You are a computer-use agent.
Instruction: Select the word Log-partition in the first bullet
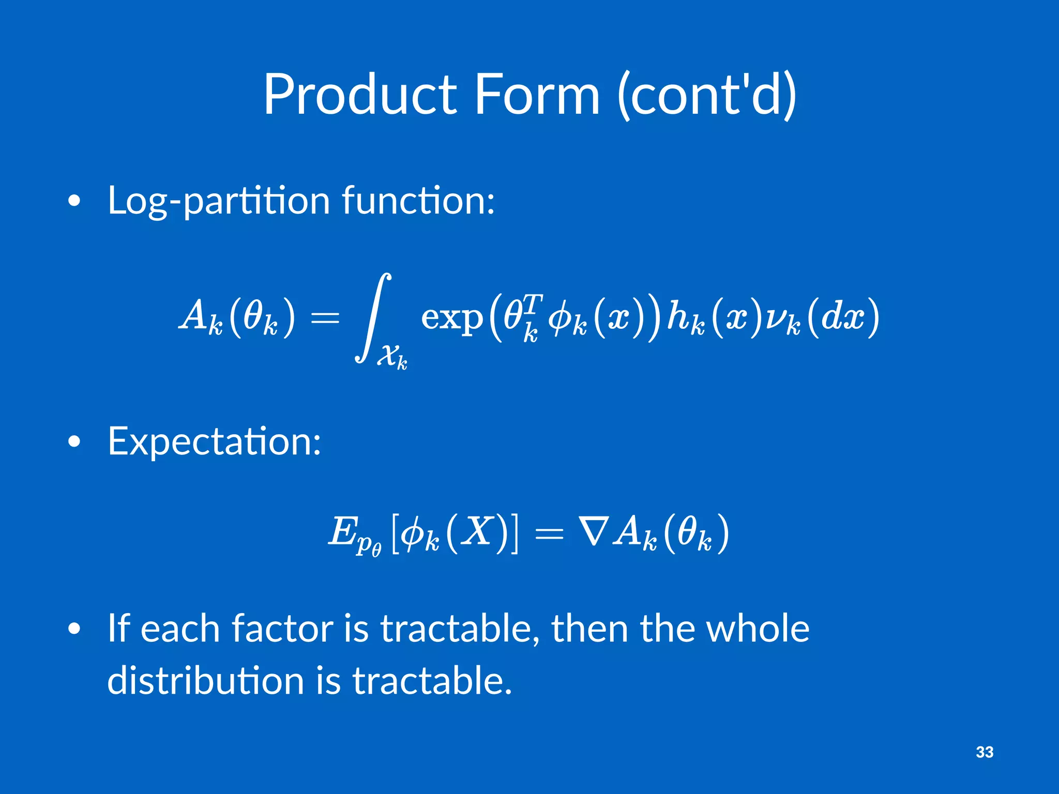tap(218, 201)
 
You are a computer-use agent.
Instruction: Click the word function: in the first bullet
tap(418, 201)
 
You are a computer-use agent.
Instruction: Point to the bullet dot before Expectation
tap(74, 442)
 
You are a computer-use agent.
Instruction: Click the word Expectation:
tap(214, 442)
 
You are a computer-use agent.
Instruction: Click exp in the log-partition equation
tap(451, 317)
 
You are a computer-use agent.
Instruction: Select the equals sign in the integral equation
tap(325, 317)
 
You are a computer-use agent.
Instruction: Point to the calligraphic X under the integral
tap(387, 356)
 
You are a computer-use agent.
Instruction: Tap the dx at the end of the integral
tap(842, 316)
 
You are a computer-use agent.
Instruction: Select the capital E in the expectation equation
tap(342, 531)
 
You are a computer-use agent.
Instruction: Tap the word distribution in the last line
tap(205, 681)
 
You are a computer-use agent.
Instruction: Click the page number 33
tap(985, 752)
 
